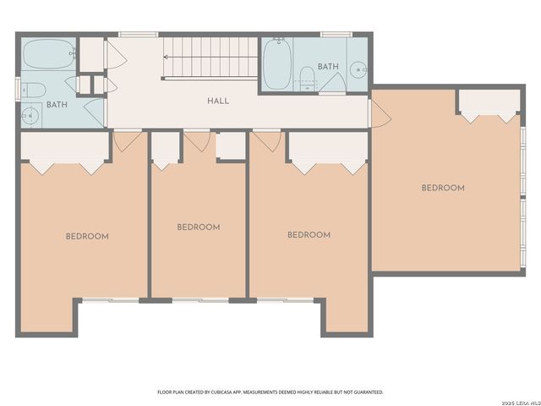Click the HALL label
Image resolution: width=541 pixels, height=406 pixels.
(x=218, y=101)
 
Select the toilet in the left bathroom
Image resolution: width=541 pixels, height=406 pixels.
(x=33, y=90)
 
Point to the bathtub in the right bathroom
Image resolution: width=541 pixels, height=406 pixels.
(x=277, y=66)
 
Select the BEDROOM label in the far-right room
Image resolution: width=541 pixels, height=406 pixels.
(x=443, y=188)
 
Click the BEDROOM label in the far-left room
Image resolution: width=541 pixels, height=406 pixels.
(x=87, y=236)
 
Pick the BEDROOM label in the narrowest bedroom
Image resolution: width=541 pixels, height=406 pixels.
(x=199, y=227)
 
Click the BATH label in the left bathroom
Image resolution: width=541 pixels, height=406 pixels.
(x=57, y=105)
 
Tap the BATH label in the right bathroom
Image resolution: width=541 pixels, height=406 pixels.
(x=328, y=66)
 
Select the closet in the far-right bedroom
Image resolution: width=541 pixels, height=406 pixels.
(x=488, y=101)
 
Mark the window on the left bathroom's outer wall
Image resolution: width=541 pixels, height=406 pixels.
(x=17, y=87)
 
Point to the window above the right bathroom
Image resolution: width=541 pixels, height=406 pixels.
(x=336, y=34)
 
